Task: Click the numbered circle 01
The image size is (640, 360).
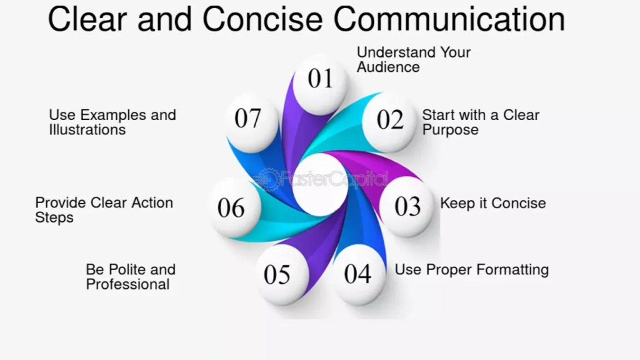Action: (321, 84)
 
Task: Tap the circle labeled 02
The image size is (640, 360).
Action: (389, 122)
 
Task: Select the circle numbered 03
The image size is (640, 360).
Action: (406, 207)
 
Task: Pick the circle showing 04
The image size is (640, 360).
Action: (358, 274)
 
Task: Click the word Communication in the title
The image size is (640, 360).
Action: (449, 19)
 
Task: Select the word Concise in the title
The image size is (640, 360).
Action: (262, 19)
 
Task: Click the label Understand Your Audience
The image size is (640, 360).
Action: (414, 59)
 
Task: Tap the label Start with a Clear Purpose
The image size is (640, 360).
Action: (481, 122)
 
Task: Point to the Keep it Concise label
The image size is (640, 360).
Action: (492, 203)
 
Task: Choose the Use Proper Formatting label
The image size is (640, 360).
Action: (471, 270)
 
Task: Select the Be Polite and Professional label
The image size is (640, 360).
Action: (131, 277)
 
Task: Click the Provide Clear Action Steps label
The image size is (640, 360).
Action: (104, 210)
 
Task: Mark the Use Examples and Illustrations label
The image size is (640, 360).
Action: (112, 122)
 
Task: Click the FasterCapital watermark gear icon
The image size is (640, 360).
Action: (266, 179)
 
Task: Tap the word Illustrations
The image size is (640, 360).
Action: (87, 130)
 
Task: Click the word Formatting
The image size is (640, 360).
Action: (512, 270)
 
